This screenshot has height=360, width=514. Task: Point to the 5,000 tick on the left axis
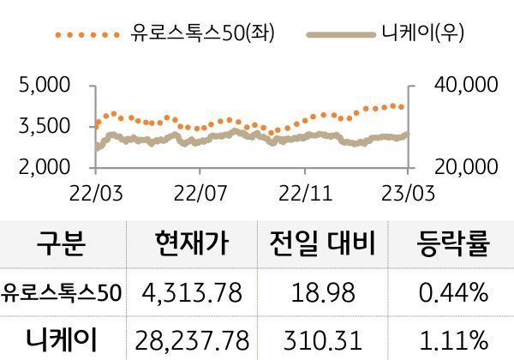pyautogui.click(x=45, y=86)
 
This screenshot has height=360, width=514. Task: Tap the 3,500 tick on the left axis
pyautogui.click(x=45, y=127)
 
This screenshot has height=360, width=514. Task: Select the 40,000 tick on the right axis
pyautogui.click(x=456, y=86)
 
